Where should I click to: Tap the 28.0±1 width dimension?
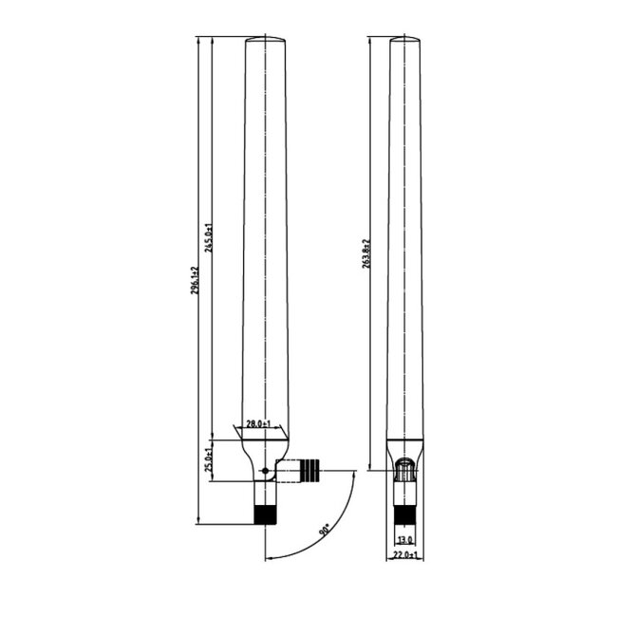(x=259, y=423)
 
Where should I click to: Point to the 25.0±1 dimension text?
(x=210, y=461)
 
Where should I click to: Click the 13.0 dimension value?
(x=405, y=539)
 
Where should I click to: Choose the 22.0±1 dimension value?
(x=405, y=555)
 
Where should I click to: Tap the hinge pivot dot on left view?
(x=264, y=470)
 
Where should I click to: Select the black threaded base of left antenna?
(x=265, y=514)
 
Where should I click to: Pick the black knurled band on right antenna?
(x=404, y=515)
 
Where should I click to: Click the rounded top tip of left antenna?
(x=265, y=39)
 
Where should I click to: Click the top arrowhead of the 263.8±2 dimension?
(x=372, y=41)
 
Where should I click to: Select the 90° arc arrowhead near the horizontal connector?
(x=353, y=473)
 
